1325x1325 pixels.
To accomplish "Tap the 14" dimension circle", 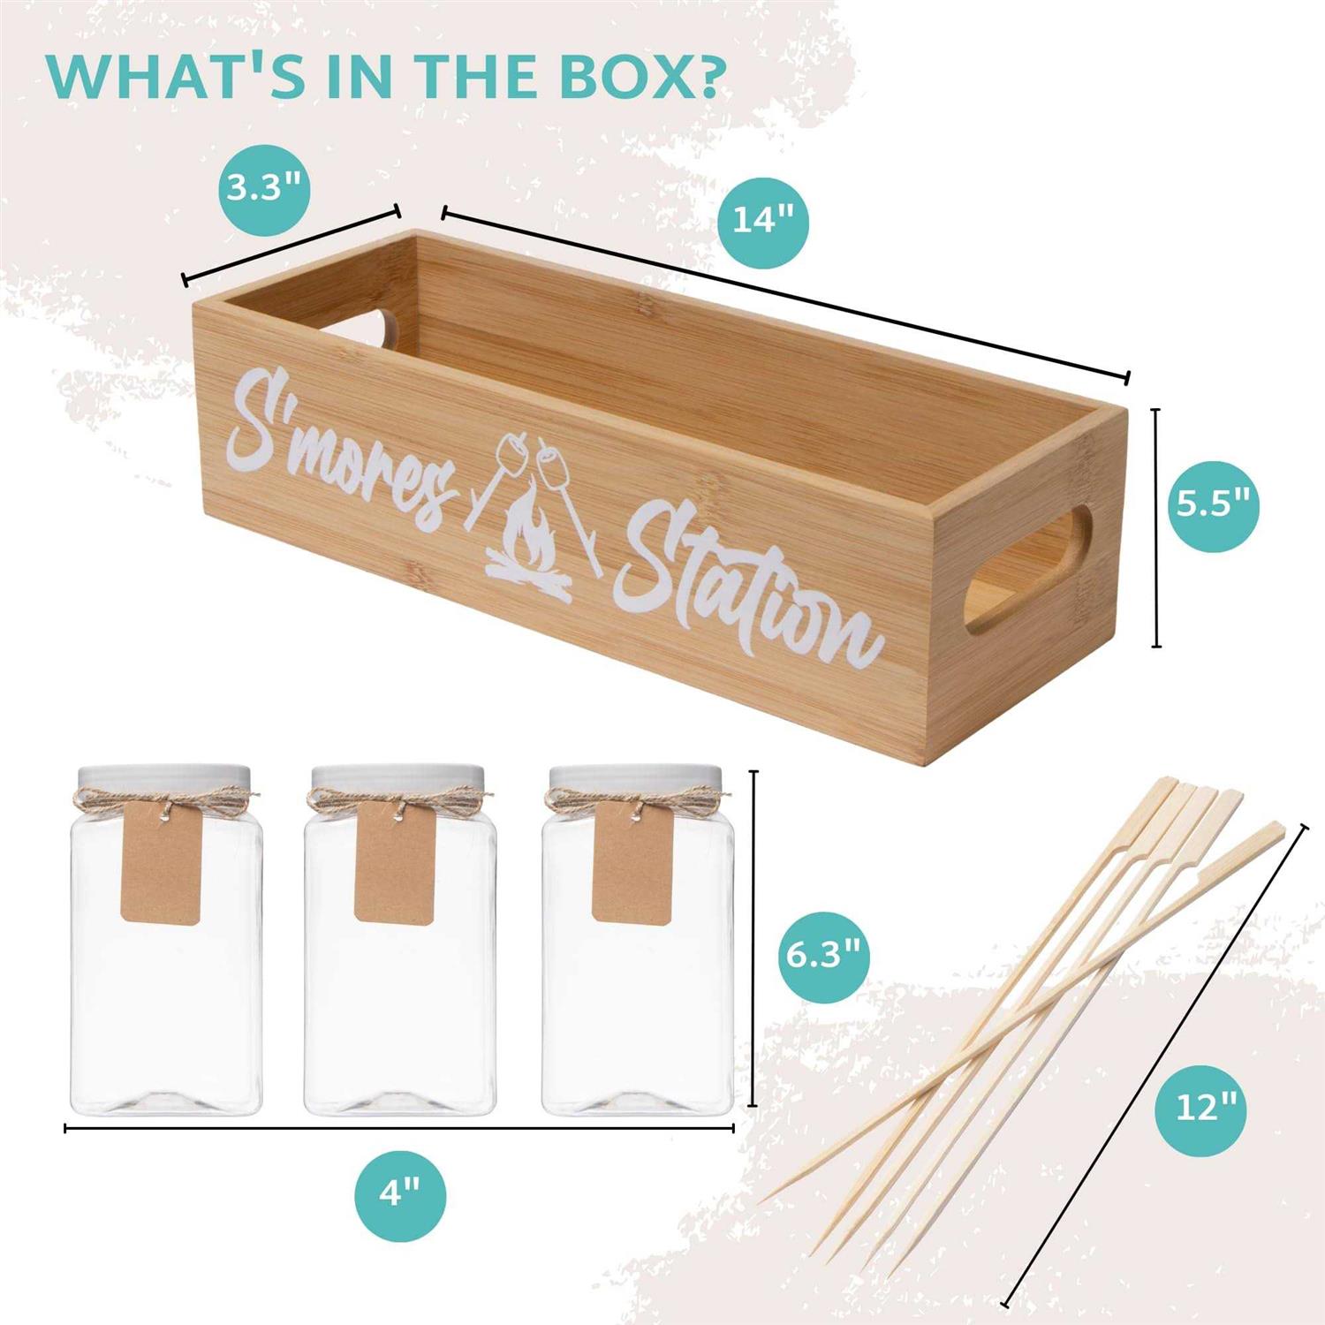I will pos(763,219).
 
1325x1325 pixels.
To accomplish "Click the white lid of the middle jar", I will pos(397,775).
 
